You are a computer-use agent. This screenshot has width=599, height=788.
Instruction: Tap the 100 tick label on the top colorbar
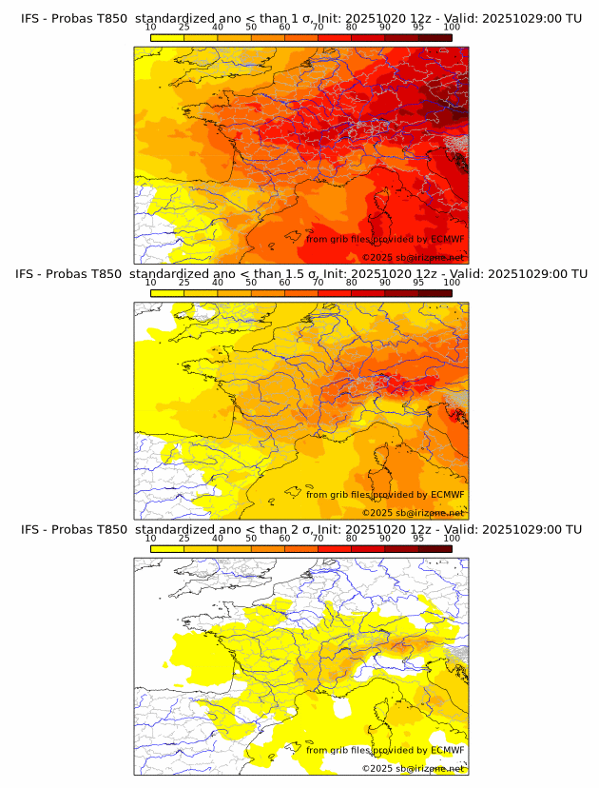(452, 27)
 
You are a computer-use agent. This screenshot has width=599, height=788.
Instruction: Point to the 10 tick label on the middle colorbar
(151, 283)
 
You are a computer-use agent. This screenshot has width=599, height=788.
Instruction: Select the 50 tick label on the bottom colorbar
(251, 539)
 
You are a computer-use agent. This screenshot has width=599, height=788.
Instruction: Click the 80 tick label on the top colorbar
(352, 27)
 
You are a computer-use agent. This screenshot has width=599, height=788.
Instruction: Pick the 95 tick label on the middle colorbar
(418, 283)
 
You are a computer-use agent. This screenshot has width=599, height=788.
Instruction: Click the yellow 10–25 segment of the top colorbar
(167, 36)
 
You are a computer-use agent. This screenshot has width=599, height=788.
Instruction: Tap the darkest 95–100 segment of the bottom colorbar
(435, 548)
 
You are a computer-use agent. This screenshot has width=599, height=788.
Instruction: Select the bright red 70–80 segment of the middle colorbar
(335, 292)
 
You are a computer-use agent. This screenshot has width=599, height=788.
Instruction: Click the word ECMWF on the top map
(448, 239)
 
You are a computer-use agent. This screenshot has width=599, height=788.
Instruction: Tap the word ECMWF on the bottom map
(448, 750)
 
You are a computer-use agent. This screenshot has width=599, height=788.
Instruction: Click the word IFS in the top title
(31, 17)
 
